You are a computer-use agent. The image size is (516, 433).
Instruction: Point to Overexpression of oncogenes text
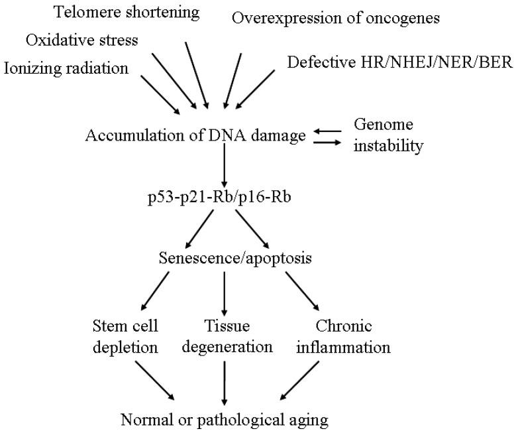(x=336, y=18)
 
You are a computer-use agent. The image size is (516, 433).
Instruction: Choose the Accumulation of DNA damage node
(x=195, y=135)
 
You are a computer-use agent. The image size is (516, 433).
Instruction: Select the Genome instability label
(x=388, y=135)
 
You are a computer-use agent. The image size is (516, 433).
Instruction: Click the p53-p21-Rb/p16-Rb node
(x=223, y=198)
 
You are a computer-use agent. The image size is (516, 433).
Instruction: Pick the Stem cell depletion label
(x=126, y=337)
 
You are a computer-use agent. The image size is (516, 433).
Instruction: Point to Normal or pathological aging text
(x=225, y=419)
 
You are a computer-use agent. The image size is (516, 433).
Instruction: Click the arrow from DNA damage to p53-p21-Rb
(x=225, y=166)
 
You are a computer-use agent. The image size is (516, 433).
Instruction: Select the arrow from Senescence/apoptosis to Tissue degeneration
(x=225, y=294)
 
